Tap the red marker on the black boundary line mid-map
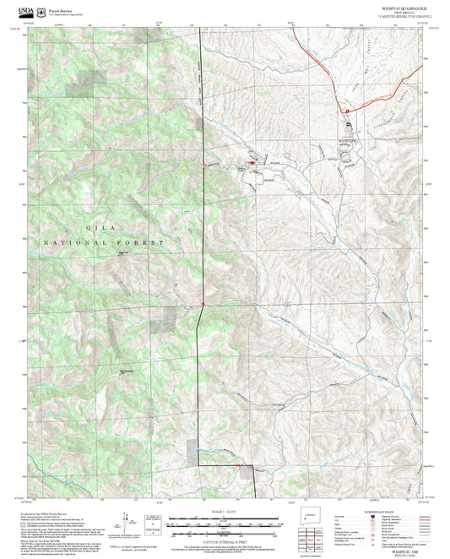point(203,304)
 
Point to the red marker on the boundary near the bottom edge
point(240,464)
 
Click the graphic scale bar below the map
point(223,523)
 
